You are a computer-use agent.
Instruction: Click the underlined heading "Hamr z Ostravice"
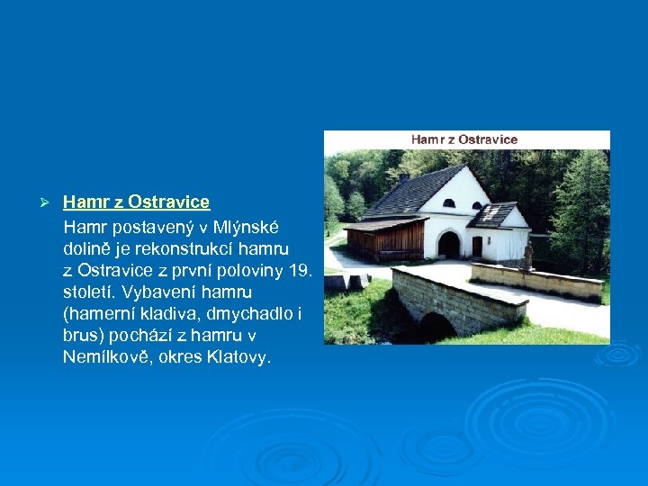(136, 202)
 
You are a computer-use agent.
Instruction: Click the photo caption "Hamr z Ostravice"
(464, 139)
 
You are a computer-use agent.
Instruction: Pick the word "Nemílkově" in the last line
(102, 357)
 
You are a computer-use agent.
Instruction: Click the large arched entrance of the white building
(448, 244)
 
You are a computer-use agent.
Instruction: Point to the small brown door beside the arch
(477, 247)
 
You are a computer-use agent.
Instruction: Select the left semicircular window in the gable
(449, 202)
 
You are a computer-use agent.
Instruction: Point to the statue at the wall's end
(527, 255)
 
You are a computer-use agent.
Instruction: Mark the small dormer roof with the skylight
(494, 214)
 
